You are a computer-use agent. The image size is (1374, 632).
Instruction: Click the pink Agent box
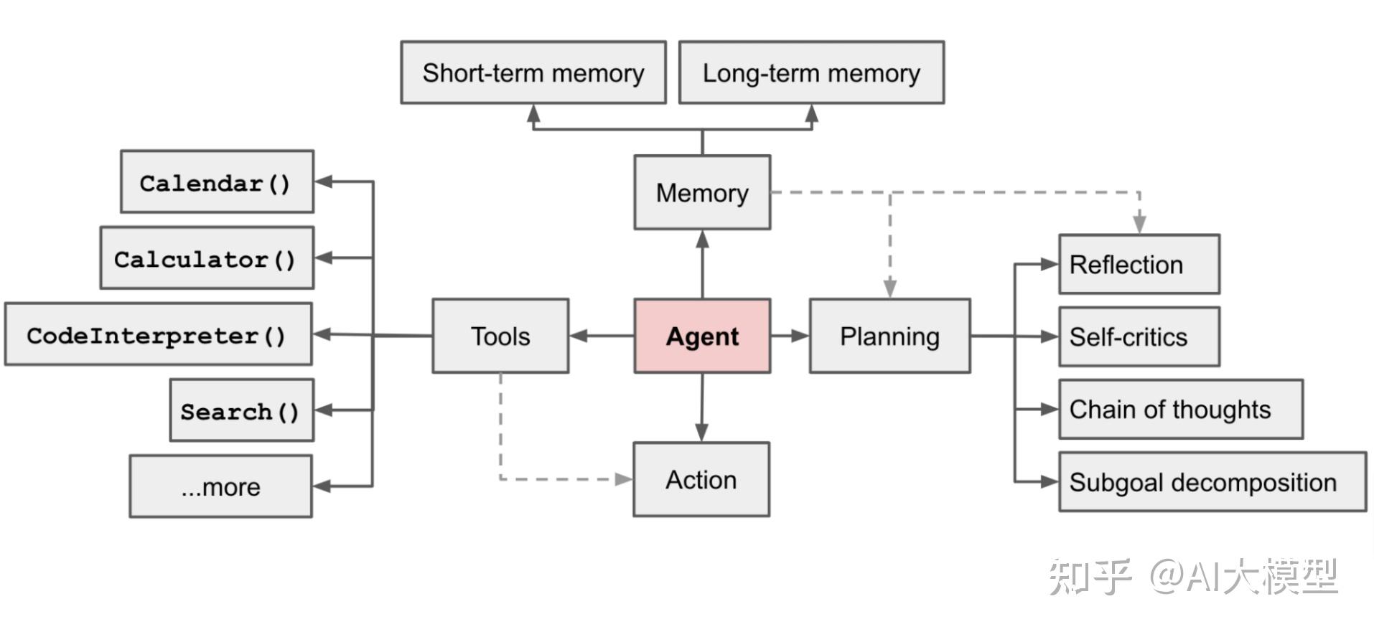[x=702, y=336]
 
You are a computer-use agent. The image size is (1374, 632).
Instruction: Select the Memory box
[x=702, y=192]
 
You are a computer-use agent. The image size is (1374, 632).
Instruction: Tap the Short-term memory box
[x=533, y=72]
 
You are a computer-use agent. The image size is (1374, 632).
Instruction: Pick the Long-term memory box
[x=811, y=72]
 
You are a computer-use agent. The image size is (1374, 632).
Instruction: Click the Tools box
[x=500, y=336]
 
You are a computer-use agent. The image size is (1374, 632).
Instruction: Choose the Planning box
[x=889, y=336]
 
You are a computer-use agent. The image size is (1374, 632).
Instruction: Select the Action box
[x=701, y=479]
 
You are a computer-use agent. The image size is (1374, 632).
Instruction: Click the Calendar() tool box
[x=217, y=182]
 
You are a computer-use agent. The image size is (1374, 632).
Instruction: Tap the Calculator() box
[x=207, y=258]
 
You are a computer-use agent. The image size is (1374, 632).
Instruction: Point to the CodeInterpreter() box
[x=158, y=334]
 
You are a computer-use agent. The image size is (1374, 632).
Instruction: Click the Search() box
[x=241, y=410]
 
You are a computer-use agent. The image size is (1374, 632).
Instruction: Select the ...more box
[x=220, y=486]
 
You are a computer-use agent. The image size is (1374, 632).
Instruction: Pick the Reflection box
[x=1139, y=264]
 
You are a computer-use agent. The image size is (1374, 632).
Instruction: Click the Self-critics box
[x=1139, y=336]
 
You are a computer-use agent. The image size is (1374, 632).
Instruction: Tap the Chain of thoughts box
[x=1180, y=409]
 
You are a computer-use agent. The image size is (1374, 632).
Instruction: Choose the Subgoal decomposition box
[x=1212, y=482]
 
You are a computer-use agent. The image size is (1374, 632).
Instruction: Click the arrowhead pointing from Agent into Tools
[x=579, y=336]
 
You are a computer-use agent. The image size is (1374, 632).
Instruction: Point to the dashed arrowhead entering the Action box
[x=623, y=479]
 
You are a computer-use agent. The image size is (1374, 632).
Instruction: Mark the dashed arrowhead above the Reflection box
[x=1139, y=224]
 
